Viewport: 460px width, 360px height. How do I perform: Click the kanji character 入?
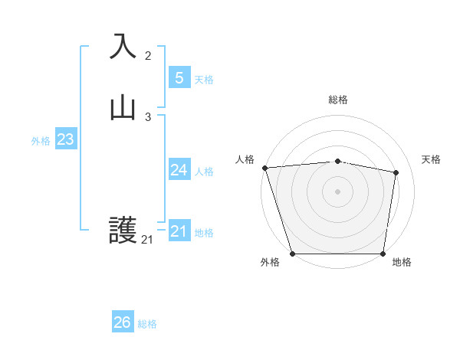click(123, 46)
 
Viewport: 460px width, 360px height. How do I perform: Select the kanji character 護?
click(123, 231)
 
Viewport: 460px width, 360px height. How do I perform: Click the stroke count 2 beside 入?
click(148, 56)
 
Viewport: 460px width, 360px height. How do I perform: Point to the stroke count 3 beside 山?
click(148, 117)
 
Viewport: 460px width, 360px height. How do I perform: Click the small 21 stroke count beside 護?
click(147, 240)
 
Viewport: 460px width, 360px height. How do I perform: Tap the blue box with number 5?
click(179, 77)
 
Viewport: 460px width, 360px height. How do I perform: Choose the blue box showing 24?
click(179, 170)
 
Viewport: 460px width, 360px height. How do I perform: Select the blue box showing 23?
click(65, 139)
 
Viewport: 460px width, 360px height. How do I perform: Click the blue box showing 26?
click(123, 322)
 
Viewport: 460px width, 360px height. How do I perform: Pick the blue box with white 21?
click(179, 231)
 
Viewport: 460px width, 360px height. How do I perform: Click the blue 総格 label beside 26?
click(147, 324)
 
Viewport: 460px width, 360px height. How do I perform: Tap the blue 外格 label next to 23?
click(41, 141)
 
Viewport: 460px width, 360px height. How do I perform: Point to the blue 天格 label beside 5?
click(204, 80)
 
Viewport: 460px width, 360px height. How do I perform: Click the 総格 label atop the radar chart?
click(338, 100)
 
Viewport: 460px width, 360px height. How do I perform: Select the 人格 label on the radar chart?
click(245, 159)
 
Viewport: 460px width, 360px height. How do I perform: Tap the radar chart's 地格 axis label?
click(402, 262)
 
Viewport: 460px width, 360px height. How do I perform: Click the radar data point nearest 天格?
click(396, 173)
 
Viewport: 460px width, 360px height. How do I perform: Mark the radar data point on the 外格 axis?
click(292, 254)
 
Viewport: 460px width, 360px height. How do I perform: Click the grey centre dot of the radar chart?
click(338, 191)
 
